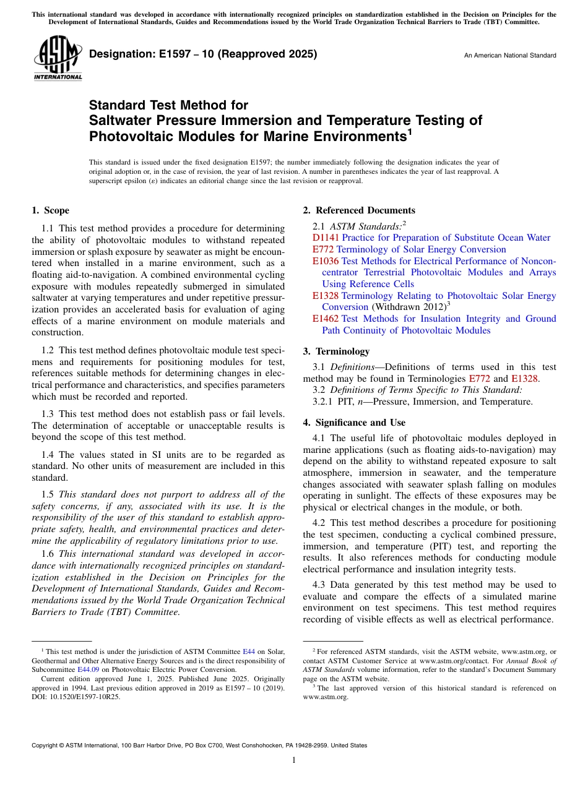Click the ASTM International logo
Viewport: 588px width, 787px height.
tap(57, 59)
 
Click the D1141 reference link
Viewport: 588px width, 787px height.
tap(326, 238)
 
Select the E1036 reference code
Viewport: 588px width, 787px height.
tap(326, 261)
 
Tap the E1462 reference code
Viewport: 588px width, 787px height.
tap(326, 319)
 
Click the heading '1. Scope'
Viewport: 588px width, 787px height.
tap(50, 210)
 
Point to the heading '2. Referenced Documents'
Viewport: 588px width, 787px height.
tap(359, 210)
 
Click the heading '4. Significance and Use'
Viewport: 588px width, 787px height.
tap(354, 423)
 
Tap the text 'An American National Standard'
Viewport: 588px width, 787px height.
tap(510, 56)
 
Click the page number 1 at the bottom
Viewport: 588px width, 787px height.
tap(293, 760)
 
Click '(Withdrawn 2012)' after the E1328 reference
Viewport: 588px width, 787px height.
tap(408, 307)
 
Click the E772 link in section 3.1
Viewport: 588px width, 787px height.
tap(478, 379)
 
